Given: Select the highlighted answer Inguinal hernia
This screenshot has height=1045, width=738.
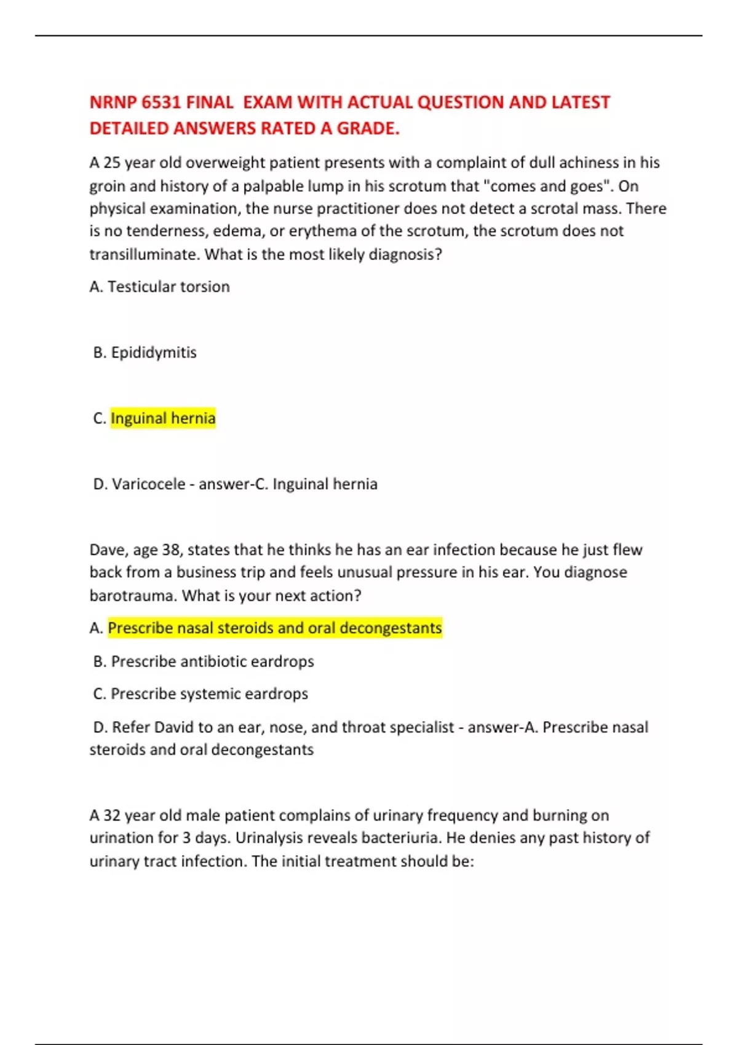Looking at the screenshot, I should (163, 418).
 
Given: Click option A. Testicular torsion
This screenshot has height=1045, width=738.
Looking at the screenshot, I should (160, 286).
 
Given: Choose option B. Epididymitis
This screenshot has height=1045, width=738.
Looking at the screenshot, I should (145, 352).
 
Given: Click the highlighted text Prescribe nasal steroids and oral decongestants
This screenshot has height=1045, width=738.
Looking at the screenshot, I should (275, 628).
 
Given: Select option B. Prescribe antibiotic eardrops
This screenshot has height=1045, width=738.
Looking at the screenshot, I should (204, 661).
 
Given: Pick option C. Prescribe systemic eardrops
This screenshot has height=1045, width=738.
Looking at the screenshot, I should (200, 693).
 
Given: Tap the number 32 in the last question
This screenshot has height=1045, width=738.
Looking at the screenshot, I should (111, 815).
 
